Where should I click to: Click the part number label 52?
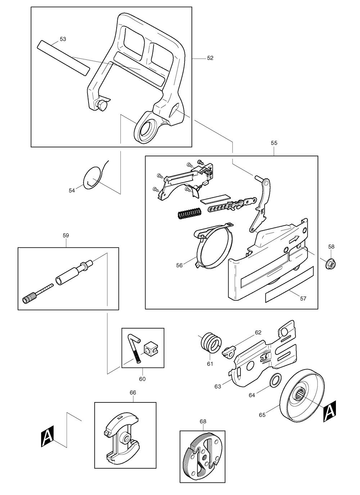point(210,58)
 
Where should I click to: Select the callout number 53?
point(63,39)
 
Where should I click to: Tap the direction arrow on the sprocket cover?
point(294,238)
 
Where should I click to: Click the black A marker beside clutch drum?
point(329,411)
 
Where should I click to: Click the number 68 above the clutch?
point(203,421)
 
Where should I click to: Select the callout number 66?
point(133,393)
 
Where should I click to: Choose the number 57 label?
point(303,299)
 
